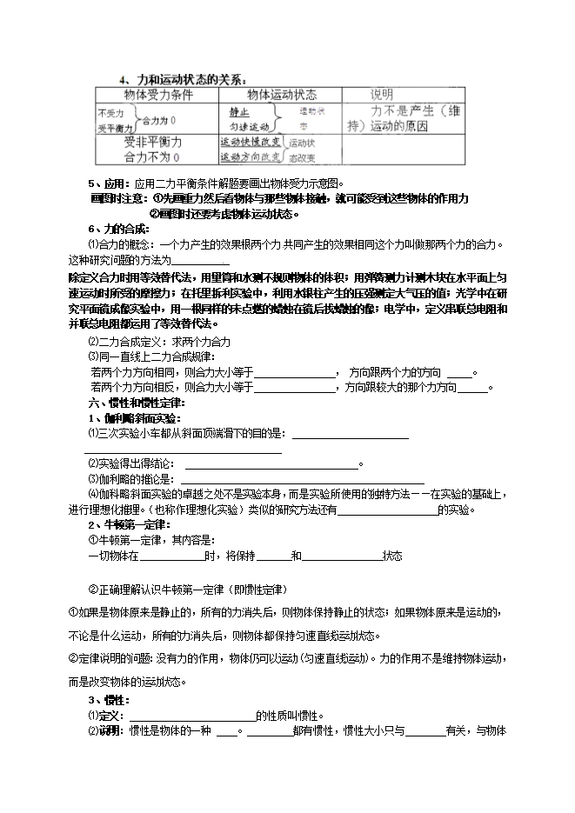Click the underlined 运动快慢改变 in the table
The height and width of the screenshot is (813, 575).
coord(250,143)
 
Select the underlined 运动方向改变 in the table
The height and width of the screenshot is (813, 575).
coord(250,157)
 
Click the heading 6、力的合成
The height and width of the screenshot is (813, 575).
coord(118,229)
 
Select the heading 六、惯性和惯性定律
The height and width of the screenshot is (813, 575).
coord(135,403)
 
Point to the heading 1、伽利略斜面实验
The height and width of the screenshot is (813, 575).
coord(130,418)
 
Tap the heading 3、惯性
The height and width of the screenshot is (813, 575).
coord(108,700)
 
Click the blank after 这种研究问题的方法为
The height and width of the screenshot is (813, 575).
coord(201,262)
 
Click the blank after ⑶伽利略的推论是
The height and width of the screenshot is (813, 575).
coord(301,480)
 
